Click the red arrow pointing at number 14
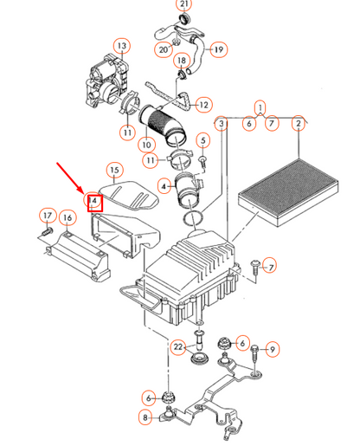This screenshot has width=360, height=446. [x=71, y=178]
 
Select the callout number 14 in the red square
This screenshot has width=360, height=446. [x=93, y=200]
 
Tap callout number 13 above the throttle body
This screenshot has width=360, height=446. [x=122, y=46]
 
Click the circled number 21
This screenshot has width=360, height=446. [x=184, y=4]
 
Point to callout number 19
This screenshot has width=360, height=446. [x=219, y=49]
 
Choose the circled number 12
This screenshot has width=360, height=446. [x=203, y=105]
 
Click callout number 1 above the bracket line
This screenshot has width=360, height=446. [x=260, y=107]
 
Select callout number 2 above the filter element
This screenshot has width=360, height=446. [x=299, y=124]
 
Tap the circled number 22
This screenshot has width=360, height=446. [x=178, y=346]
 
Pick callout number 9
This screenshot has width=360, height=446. [x=272, y=349]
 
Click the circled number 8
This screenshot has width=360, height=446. [x=145, y=417]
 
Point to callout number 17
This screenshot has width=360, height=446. [x=48, y=216]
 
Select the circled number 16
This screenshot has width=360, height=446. [x=67, y=217]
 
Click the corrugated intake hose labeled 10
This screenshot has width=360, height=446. [x=163, y=125]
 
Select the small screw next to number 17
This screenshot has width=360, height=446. [x=48, y=231]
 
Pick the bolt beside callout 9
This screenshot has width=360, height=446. [x=254, y=358]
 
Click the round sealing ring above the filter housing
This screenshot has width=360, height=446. [x=193, y=218]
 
